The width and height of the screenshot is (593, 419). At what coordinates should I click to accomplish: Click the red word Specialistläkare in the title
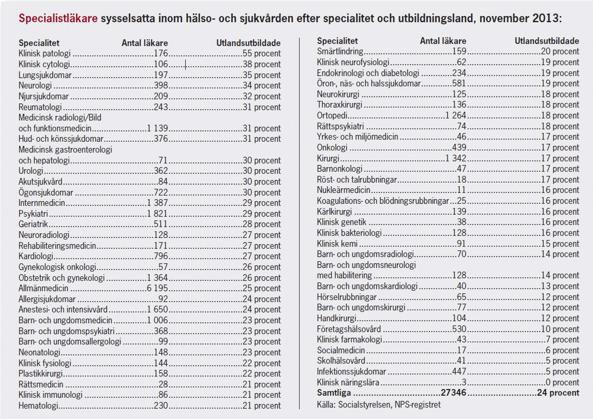(57, 19)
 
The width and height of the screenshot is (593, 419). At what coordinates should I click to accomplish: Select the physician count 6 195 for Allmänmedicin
(157, 288)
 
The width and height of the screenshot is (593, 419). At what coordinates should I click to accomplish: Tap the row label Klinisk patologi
(45, 53)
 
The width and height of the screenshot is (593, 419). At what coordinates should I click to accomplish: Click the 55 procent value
(261, 53)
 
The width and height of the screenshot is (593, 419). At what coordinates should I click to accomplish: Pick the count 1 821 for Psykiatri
(157, 214)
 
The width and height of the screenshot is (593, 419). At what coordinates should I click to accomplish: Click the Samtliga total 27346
(454, 393)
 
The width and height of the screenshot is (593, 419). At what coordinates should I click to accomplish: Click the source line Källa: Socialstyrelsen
(379, 404)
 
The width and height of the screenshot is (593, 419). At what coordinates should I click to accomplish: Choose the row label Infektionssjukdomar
(351, 371)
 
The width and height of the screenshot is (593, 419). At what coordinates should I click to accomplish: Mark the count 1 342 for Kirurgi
(456, 158)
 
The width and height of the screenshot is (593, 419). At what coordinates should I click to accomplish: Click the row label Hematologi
(38, 406)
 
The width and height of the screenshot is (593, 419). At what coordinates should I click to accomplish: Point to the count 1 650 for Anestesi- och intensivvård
(157, 309)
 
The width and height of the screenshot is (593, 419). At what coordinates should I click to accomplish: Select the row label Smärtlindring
(340, 51)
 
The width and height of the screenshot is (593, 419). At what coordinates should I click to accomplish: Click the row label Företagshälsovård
(349, 329)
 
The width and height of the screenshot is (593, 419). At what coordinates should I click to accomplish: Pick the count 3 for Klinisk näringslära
(464, 382)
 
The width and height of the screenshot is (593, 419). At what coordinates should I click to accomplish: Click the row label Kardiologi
(37, 256)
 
